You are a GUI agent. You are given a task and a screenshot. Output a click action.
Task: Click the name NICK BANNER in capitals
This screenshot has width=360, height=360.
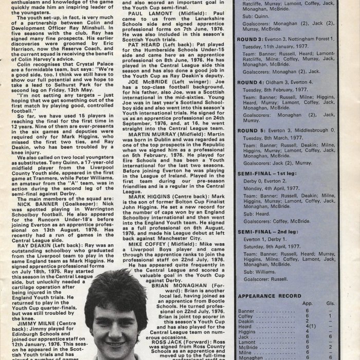pos(38,203)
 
